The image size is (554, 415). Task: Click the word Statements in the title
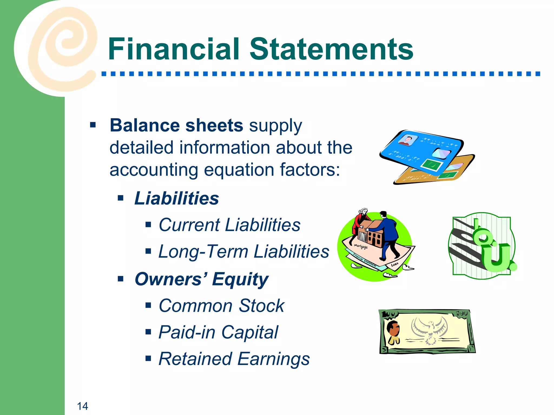331,49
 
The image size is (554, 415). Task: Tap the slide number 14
83,406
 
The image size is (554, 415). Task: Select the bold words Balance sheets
176,126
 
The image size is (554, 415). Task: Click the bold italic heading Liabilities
176,198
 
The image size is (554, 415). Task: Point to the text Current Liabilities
229,225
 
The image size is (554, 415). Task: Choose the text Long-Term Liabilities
243,252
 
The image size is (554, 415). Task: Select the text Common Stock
221,306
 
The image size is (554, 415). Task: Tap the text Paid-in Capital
218,332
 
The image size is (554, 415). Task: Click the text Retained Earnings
234,359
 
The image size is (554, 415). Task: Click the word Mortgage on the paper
361,246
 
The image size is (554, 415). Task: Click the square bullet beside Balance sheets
93,125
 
